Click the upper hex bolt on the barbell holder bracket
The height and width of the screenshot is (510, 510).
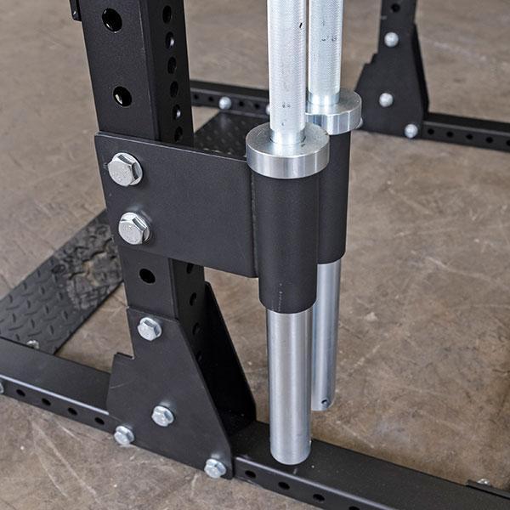(125, 168)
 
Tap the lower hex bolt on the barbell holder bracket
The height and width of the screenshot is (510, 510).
(134, 227)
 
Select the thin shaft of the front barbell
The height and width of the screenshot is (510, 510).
(286, 59)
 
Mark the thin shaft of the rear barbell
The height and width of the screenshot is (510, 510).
(326, 42)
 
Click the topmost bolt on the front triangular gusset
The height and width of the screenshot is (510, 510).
(149, 328)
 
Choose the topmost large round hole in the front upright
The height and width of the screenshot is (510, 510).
(112, 20)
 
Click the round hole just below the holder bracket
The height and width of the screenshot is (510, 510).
(147, 275)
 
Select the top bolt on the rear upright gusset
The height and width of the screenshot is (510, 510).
(391, 39)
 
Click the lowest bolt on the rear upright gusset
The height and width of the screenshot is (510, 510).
(411, 130)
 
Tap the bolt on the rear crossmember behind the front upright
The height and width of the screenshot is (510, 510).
(224, 103)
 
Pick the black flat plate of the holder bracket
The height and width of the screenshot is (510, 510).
(195, 204)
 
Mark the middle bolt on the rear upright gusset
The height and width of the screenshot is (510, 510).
(386, 99)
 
